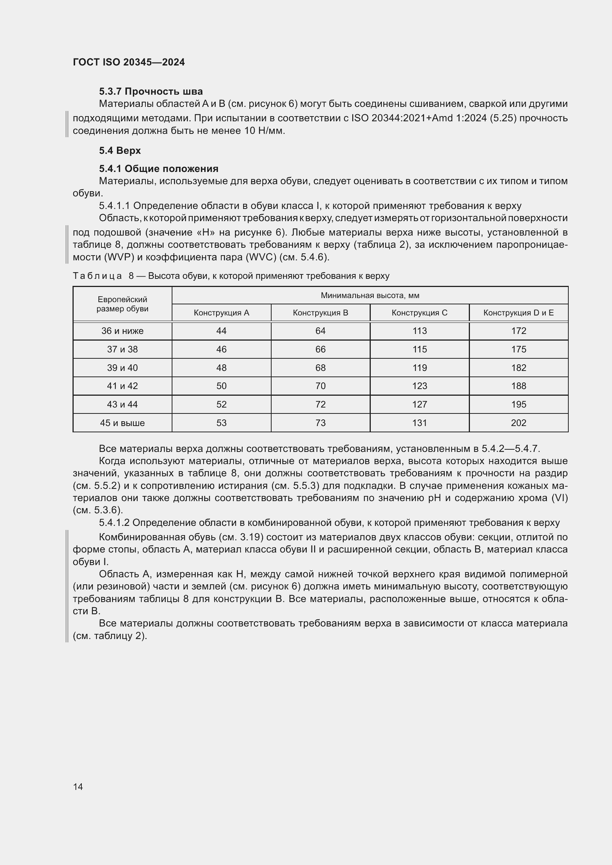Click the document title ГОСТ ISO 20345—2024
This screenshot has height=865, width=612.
pyautogui.click(x=128, y=62)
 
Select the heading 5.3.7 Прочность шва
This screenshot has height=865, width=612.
pyautogui.click(x=151, y=91)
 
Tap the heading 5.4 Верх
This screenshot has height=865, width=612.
pyautogui.click(x=120, y=150)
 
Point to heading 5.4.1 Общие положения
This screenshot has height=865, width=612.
pyautogui.click(x=159, y=168)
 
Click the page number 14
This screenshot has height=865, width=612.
pyautogui.click(x=78, y=787)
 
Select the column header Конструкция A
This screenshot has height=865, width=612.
pyautogui.click(x=221, y=313)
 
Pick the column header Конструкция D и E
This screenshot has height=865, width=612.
pyautogui.click(x=518, y=313)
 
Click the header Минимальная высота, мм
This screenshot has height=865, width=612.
pyautogui.click(x=370, y=295)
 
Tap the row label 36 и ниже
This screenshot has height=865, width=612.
pyautogui.click(x=122, y=331)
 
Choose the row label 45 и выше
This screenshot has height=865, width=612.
pyautogui.click(x=122, y=423)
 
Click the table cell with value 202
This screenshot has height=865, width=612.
pyautogui.click(x=518, y=423)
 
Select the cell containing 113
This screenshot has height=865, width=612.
pyautogui.click(x=420, y=331)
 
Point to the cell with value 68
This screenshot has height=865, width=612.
pyautogui.click(x=320, y=368)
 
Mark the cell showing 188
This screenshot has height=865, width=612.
pyautogui.click(x=518, y=386)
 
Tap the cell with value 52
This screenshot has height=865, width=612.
pyautogui.click(x=221, y=404)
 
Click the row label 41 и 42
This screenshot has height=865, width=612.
pyautogui.click(x=122, y=386)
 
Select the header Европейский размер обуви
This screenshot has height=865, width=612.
pyautogui.click(x=122, y=304)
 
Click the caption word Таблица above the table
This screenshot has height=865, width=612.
pyautogui.click(x=97, y=276)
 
